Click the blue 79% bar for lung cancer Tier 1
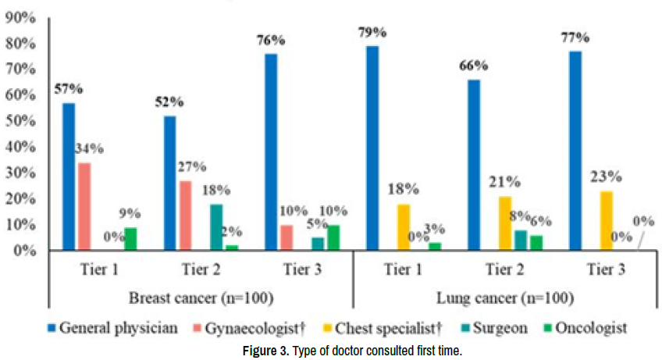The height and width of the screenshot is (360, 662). point(372,148)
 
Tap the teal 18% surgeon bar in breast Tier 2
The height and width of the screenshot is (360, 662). point(216,227)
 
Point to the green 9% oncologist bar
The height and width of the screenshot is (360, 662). point(130,239)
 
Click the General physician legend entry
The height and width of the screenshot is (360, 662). point(114,329)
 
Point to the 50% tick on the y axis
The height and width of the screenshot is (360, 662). point(21,121)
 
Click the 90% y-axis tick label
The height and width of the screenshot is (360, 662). point(21,18)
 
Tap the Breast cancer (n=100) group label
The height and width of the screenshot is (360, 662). point(201,298)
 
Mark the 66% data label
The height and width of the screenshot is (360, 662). point(473,65)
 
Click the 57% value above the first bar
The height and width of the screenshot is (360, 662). point(68,88)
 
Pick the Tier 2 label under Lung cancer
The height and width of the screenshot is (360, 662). point(505,269)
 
